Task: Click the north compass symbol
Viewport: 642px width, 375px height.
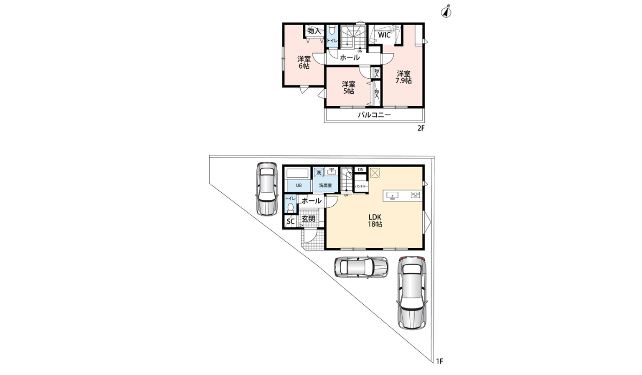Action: [x=447, y=12]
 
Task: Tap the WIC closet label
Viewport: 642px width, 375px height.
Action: [x=385, y=35]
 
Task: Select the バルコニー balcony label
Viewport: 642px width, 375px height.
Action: [x=374, y=115]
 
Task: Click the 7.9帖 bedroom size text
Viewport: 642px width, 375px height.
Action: [x=403, y=81]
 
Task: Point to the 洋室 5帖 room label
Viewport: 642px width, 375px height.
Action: [x=348, y=87]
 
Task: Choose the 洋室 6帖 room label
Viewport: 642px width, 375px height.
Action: [x=304, y=63]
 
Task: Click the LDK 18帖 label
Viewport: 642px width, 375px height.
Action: [x=374, y=220]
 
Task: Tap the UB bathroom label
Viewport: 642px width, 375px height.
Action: [x=299, y=185]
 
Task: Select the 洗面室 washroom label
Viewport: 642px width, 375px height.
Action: [x=325, y=185]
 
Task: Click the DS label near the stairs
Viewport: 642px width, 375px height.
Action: [x=360, y=170]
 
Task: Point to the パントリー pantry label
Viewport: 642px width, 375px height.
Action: [x=361, y=186]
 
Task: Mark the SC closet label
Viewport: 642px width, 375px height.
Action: [x=291, y=221]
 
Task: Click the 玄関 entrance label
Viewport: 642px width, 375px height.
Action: [x=308, y=219]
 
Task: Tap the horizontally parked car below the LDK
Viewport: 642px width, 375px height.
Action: [x=361, y=266]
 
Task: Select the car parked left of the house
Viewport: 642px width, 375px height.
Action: [x=266, y=188]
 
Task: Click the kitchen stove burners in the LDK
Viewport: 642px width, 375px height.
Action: [x=415, y=195]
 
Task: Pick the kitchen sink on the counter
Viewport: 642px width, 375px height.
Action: [x=392, y=195]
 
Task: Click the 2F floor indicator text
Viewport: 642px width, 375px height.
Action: [x=421, y=129]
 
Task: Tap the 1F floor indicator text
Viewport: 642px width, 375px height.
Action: [x=439, y=362]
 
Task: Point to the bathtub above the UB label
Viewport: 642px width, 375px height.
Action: [x=298, y=173]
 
